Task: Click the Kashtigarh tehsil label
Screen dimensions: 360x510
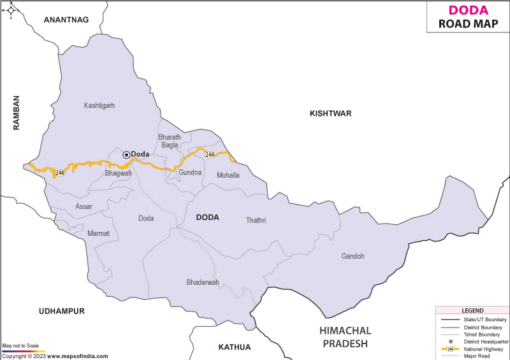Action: tap(99, 106)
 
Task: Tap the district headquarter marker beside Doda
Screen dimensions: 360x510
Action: tap(126, 154)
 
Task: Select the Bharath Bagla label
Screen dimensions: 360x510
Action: tap(170, 141)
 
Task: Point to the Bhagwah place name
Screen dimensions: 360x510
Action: tap(118, 173)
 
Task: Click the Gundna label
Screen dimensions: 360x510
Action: tap(190, 173)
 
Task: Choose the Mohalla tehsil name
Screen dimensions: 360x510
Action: tap(228, 175)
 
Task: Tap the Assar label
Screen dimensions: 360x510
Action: tap(84, 207)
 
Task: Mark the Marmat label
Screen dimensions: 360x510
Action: tap(99, 234)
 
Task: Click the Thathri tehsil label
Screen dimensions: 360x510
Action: tap(256, 220)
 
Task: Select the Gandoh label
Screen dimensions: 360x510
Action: tap(353, 256)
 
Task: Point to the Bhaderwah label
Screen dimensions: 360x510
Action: tap(203, 282)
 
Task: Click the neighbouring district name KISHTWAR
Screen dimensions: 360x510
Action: tap(330, 113)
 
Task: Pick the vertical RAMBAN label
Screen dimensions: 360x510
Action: tap(17, 113)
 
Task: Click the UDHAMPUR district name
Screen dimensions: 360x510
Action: tap(61, 311)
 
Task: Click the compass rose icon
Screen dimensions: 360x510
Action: tap(11, 10)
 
